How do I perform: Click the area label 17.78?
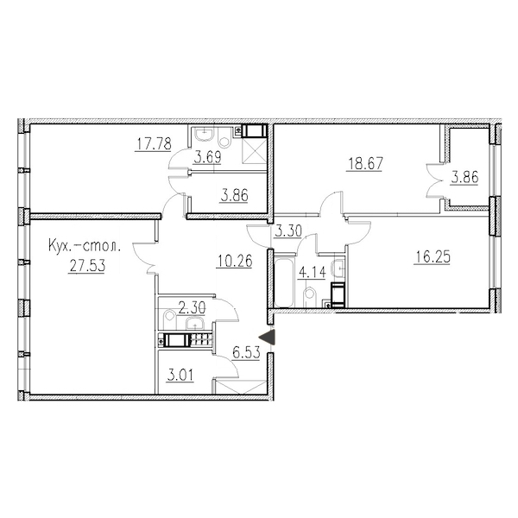[x=153, y=144]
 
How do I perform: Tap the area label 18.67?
[x=364, y=164]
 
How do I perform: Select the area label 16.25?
[x=433, y=257]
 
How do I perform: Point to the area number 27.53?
[x=87, y=266]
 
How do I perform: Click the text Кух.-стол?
[x=85, y=247]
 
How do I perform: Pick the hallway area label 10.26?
[x=235, y=261]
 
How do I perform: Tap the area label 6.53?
[x=246, y=352]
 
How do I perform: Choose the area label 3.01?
[x=180, y=376]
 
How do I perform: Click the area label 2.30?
[x=192, y=308]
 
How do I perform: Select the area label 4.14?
[x=312, y=273]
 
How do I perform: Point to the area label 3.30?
[x=288, y=231]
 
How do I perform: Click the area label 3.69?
[x=207, y=157]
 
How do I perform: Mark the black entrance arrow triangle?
[x=267, y=338]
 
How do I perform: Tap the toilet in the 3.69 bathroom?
[x=225, y=137]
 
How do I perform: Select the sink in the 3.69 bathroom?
[x=205, y=136]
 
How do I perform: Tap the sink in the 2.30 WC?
[x=196, y=323]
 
